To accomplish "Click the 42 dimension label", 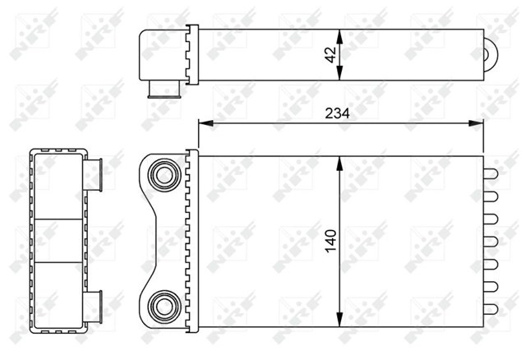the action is [330, 55].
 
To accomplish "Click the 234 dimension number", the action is [337, 113].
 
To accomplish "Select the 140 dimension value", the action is [330, 241].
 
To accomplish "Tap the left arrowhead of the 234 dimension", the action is [206, 123].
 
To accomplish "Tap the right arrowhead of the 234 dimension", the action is [476, 123].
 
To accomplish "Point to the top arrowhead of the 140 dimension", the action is [339, 164].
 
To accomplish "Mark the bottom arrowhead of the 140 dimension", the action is [339, 319].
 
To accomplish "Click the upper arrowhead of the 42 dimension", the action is [339, 36].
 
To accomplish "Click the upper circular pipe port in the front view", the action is [164, 175].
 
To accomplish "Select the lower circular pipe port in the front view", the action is [164, 307].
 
